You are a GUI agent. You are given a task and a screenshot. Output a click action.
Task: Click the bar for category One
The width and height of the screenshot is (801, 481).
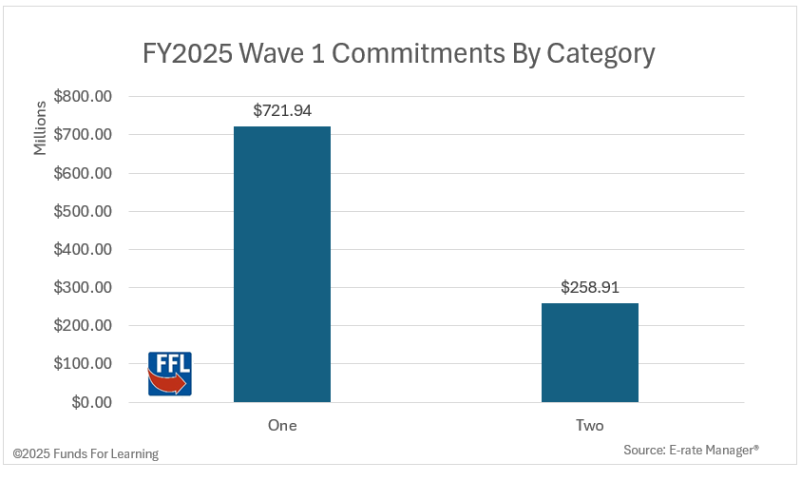point(281,263)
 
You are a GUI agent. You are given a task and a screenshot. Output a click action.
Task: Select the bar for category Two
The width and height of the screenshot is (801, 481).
point(589,352)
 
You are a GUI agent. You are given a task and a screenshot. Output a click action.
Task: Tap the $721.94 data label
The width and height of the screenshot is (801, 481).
point(282,110)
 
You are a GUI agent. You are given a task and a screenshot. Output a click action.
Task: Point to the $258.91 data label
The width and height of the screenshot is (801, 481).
point(590,287)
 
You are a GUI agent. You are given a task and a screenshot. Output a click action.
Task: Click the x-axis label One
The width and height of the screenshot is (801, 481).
point(282,425)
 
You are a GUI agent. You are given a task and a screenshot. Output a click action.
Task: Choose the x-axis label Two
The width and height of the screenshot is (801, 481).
point(589,425)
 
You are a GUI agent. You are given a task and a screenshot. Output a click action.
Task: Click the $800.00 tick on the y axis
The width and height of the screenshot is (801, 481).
point(84,96)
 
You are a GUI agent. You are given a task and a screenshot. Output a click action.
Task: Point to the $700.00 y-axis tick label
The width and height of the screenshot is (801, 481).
point(84,135)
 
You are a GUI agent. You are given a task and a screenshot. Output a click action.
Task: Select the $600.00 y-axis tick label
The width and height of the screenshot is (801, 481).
point(84,173)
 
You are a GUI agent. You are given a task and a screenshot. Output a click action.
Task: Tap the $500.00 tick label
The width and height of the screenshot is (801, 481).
point(84,211)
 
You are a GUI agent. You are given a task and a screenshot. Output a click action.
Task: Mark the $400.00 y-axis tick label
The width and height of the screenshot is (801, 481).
point(84,249)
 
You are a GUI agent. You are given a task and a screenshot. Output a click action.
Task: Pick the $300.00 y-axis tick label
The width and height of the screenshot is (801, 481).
point(84,287)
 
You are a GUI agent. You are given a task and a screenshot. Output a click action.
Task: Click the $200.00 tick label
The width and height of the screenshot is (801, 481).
point(84,325)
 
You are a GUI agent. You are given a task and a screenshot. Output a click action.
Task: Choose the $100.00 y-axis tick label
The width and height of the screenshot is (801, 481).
point(84,363)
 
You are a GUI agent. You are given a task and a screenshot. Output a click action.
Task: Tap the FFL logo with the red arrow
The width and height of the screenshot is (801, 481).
point(169,373)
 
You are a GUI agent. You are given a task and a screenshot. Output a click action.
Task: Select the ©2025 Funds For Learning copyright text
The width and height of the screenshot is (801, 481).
point(86,453)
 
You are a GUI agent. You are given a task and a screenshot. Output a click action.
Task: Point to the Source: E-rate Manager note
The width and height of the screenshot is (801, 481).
point(691,449)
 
